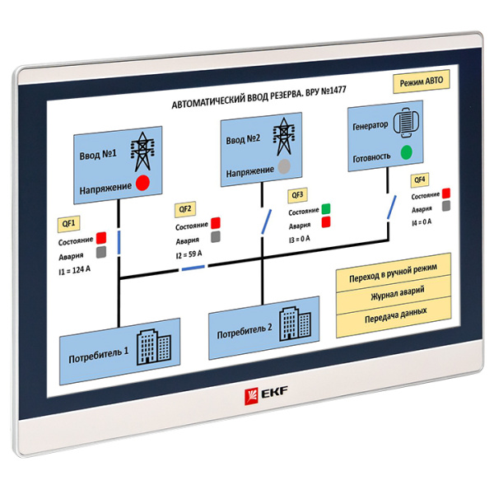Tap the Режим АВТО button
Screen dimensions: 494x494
(421, 81)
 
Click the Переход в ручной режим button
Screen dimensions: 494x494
(394, 269)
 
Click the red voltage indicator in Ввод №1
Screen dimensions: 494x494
(142, 184)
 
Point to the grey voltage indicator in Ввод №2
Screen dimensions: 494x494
(284, 166)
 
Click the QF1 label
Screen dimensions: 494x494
(69, 223)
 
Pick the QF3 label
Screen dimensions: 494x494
(297, 195)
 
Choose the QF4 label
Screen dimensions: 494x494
(419, 179)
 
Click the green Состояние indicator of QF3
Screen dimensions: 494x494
(326, 208)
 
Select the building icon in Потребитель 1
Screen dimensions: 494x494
(152, 343)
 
